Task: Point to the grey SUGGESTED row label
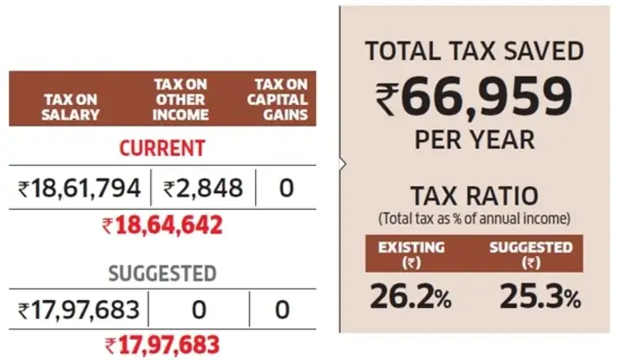click(162, 273)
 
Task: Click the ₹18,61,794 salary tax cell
click(79, 187)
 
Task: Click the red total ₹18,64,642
click(162, 223)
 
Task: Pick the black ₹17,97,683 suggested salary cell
click(79, 310)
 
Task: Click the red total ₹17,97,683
click(162, 344)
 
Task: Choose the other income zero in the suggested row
click(200, 310)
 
